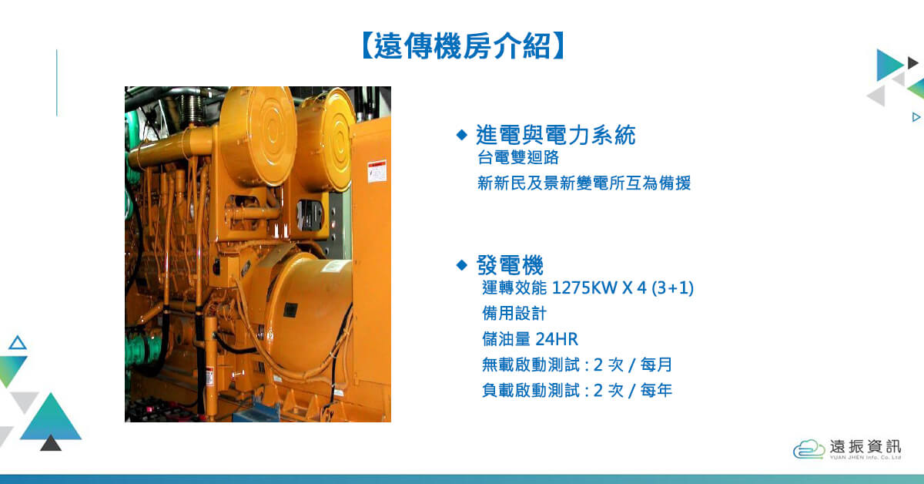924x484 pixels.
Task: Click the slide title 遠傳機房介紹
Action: (x=463, y=45)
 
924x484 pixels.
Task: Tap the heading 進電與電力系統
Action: (x=556, y=135)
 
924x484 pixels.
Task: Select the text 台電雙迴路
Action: (x=518, y=157)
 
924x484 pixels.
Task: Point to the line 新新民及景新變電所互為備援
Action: (x=584, y=183)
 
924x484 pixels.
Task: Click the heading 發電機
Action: (x=510, y=264)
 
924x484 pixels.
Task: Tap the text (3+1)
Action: (x=672, y=287)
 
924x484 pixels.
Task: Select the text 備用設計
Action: (x=514, y=314)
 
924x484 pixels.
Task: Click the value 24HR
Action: (x=557, y=339)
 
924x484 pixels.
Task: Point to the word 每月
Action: (x=656, y=365)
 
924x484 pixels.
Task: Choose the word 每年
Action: (x=656, y=390)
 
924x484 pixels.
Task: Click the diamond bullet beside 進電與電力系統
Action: (x=462, y=135)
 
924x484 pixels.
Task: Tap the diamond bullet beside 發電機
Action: (x=462, y=264)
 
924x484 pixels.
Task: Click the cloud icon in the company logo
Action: (x=808, y=449)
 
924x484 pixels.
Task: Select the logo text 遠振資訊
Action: (x=865, y=446)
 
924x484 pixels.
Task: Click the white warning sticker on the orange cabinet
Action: (x=377, y=171)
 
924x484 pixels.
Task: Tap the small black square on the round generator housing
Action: (x=290, y=310)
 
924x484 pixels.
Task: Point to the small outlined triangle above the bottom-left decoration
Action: (x=18, y=344)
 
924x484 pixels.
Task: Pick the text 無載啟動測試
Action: (x=531, y=365)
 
